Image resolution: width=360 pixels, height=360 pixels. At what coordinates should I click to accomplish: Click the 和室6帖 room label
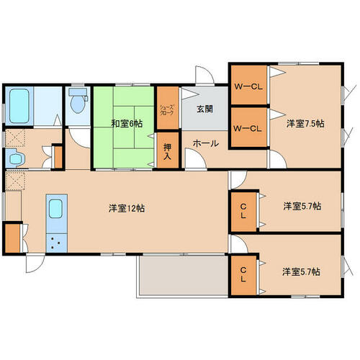click(127, 124)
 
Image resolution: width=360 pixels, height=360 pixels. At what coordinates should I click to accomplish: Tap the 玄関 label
click(204, 109)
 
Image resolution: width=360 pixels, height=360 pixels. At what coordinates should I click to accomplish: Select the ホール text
click(206, 143)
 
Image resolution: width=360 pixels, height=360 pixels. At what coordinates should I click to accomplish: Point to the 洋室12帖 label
click(127, 208)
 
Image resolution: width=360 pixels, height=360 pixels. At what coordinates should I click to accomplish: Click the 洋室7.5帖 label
click(305, 124)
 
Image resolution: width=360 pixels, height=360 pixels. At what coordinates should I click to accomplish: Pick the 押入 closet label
click(167, 152)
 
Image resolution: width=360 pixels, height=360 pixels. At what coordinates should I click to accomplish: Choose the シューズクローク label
click(167, 110)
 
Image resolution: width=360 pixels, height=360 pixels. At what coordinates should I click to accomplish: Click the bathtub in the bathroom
click(19, 106)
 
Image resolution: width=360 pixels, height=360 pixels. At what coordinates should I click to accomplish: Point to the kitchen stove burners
click(56, 243)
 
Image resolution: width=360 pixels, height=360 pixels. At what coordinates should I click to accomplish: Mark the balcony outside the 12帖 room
click(183, 275)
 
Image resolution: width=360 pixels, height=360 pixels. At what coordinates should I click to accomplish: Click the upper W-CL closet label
click(248, 87)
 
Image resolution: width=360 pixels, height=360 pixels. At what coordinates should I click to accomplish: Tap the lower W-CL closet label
click(248, 129)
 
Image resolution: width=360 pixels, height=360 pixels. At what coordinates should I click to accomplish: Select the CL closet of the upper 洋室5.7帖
click(243, 211)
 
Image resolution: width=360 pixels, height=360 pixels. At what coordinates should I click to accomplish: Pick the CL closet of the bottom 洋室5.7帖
click(243, 275)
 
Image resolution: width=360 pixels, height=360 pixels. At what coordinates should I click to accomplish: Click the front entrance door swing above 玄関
click(204, 75)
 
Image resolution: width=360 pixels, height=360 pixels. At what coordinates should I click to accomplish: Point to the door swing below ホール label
click(195, 158)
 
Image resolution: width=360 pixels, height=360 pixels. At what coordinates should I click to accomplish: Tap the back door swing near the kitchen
click(35, 264)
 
